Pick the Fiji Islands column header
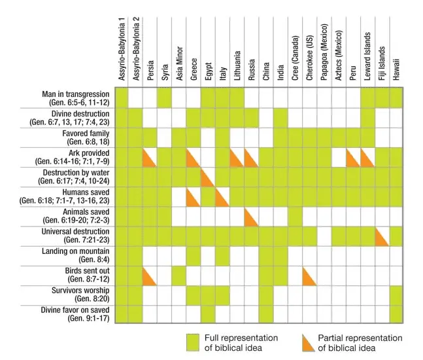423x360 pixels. tap(382, 65)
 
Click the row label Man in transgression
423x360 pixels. tap(76, 98)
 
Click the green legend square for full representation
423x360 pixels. tap(192, 342)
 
